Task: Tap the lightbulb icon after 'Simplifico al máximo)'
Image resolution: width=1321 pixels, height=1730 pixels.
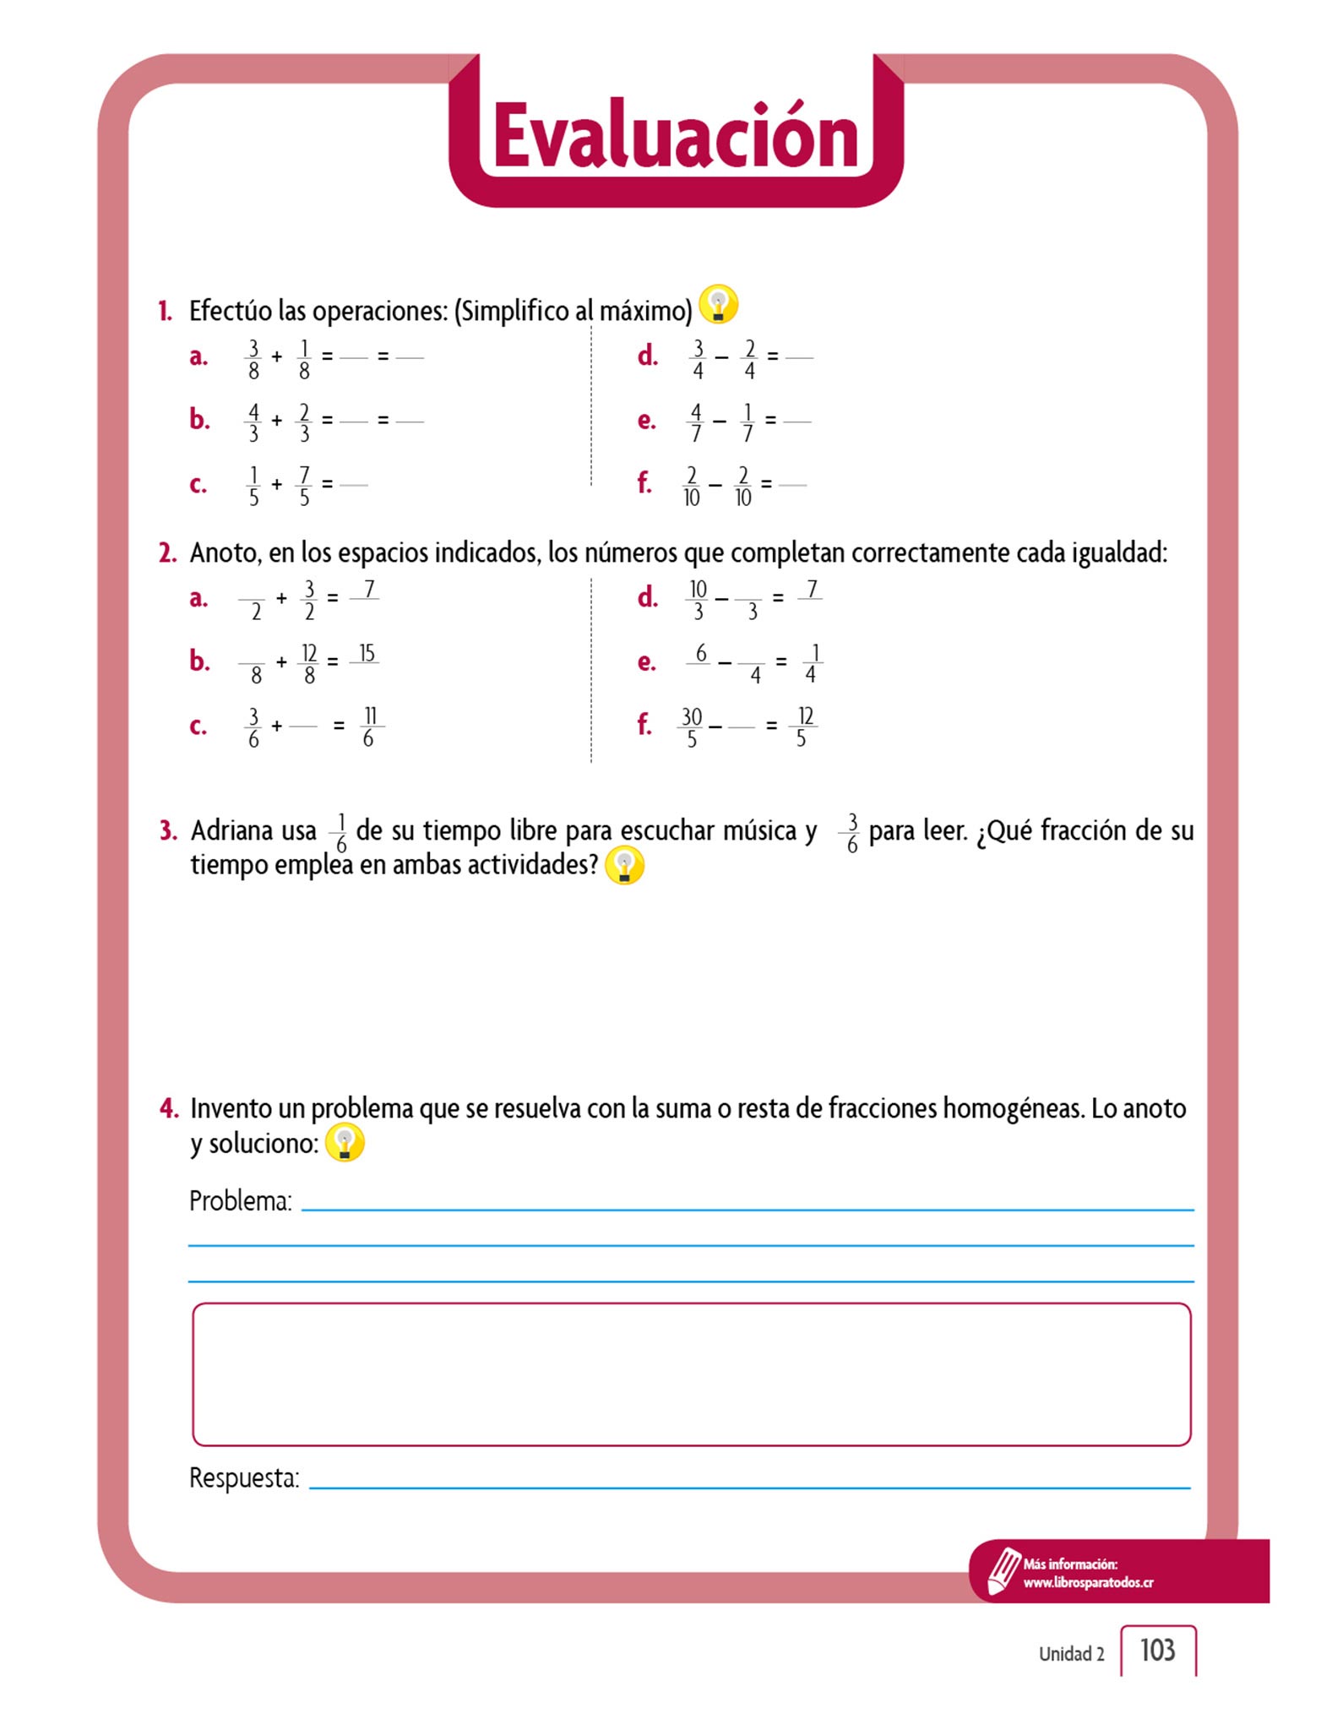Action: coord(718,304)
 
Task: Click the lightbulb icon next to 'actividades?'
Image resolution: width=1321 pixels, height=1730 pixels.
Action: coord(624,866)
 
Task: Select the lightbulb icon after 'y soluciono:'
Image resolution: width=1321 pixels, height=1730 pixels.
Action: coord(345,1143)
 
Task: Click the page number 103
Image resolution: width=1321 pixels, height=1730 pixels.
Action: coord(1157,1650)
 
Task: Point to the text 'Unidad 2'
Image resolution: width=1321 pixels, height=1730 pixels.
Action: coord(1071,1654)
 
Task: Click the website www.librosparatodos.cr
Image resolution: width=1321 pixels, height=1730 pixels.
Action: coord(1088,1582)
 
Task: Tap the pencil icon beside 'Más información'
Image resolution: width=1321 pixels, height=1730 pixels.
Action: coord(1003,1570)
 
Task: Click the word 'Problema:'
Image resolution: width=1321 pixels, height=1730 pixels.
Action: coord(241,1200)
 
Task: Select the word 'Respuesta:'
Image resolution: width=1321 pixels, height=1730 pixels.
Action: coord(244,1477)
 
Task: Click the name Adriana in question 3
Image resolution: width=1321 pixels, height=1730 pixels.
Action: coord(253,830)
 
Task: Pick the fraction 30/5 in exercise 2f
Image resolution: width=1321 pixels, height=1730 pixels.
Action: coord(692,727)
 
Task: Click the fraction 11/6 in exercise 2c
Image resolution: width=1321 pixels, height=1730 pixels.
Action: coord(369,727)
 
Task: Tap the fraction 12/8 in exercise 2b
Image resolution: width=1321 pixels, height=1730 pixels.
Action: coord(309,664)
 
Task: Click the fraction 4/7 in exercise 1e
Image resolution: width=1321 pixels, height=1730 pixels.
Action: coord(696,422)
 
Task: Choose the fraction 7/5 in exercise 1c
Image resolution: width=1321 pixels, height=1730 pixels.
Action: coord(304,486)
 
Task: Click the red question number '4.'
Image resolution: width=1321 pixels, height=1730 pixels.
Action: coord(169,1108)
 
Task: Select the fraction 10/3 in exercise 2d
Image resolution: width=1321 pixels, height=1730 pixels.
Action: coord(698,600)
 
